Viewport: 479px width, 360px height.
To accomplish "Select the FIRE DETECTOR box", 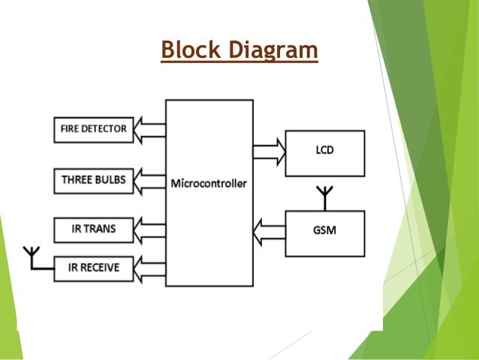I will [94, 128].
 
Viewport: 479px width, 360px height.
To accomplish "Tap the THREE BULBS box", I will [94, 180].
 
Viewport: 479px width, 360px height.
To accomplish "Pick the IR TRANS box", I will [94, 228].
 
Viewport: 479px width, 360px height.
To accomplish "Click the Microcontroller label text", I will [209, 183].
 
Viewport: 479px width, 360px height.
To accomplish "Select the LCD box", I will [325, 153].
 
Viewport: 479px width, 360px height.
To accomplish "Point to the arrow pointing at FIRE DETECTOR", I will [150, 129].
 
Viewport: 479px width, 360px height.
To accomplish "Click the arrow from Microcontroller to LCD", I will [269, 153].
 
